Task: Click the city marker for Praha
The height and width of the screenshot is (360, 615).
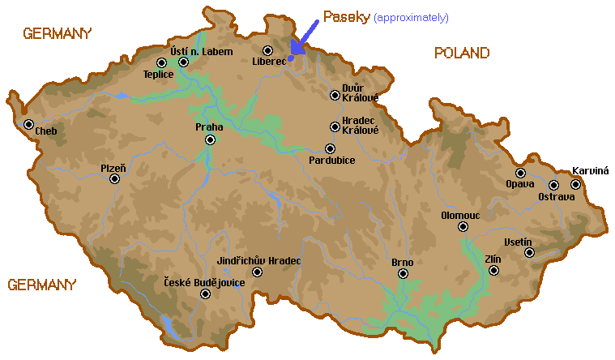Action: pos(210,139)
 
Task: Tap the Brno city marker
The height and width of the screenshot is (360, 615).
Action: pos(403,274)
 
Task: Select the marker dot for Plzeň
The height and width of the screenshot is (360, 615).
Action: pos(114,178)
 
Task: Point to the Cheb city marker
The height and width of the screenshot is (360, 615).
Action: pos(29,125)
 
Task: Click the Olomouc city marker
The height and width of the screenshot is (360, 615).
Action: pos(463,227)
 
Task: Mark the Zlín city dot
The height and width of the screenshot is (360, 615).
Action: pos(493,270)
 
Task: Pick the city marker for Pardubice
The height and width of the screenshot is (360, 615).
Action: pos(330,148)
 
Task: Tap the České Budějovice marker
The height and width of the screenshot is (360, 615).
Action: pos(205,294)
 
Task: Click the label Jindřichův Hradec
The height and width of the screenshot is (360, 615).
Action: pos(259,260)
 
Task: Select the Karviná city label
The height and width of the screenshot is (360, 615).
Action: pos(590,171)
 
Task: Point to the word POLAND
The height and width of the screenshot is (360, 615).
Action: pos(461,54)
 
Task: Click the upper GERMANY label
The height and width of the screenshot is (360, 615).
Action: pos(58,33)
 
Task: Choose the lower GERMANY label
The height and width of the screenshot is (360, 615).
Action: pos(42,285)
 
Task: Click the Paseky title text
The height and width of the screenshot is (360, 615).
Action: pos(347,16)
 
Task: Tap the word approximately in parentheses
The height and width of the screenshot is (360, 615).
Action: pos(411,18)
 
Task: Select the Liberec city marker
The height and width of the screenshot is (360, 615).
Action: pos(268,51)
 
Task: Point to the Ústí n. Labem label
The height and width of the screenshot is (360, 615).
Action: pos(201,51)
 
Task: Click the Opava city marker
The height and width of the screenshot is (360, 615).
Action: pos(521,173)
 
